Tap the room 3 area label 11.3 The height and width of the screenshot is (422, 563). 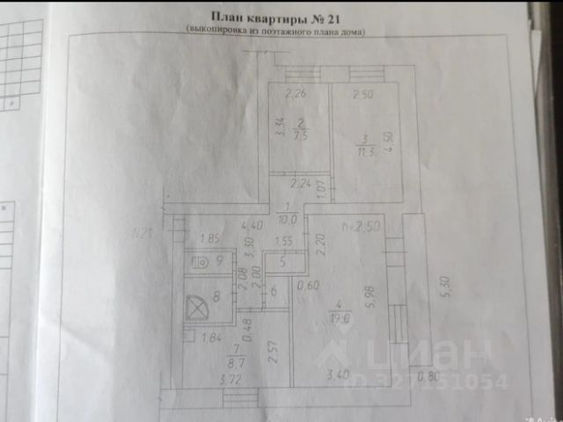[366, 149]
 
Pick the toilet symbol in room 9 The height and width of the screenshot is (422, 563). [201, 260]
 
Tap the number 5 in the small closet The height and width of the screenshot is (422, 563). [282, 261]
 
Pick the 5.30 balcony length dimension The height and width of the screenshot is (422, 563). [445, 287]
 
